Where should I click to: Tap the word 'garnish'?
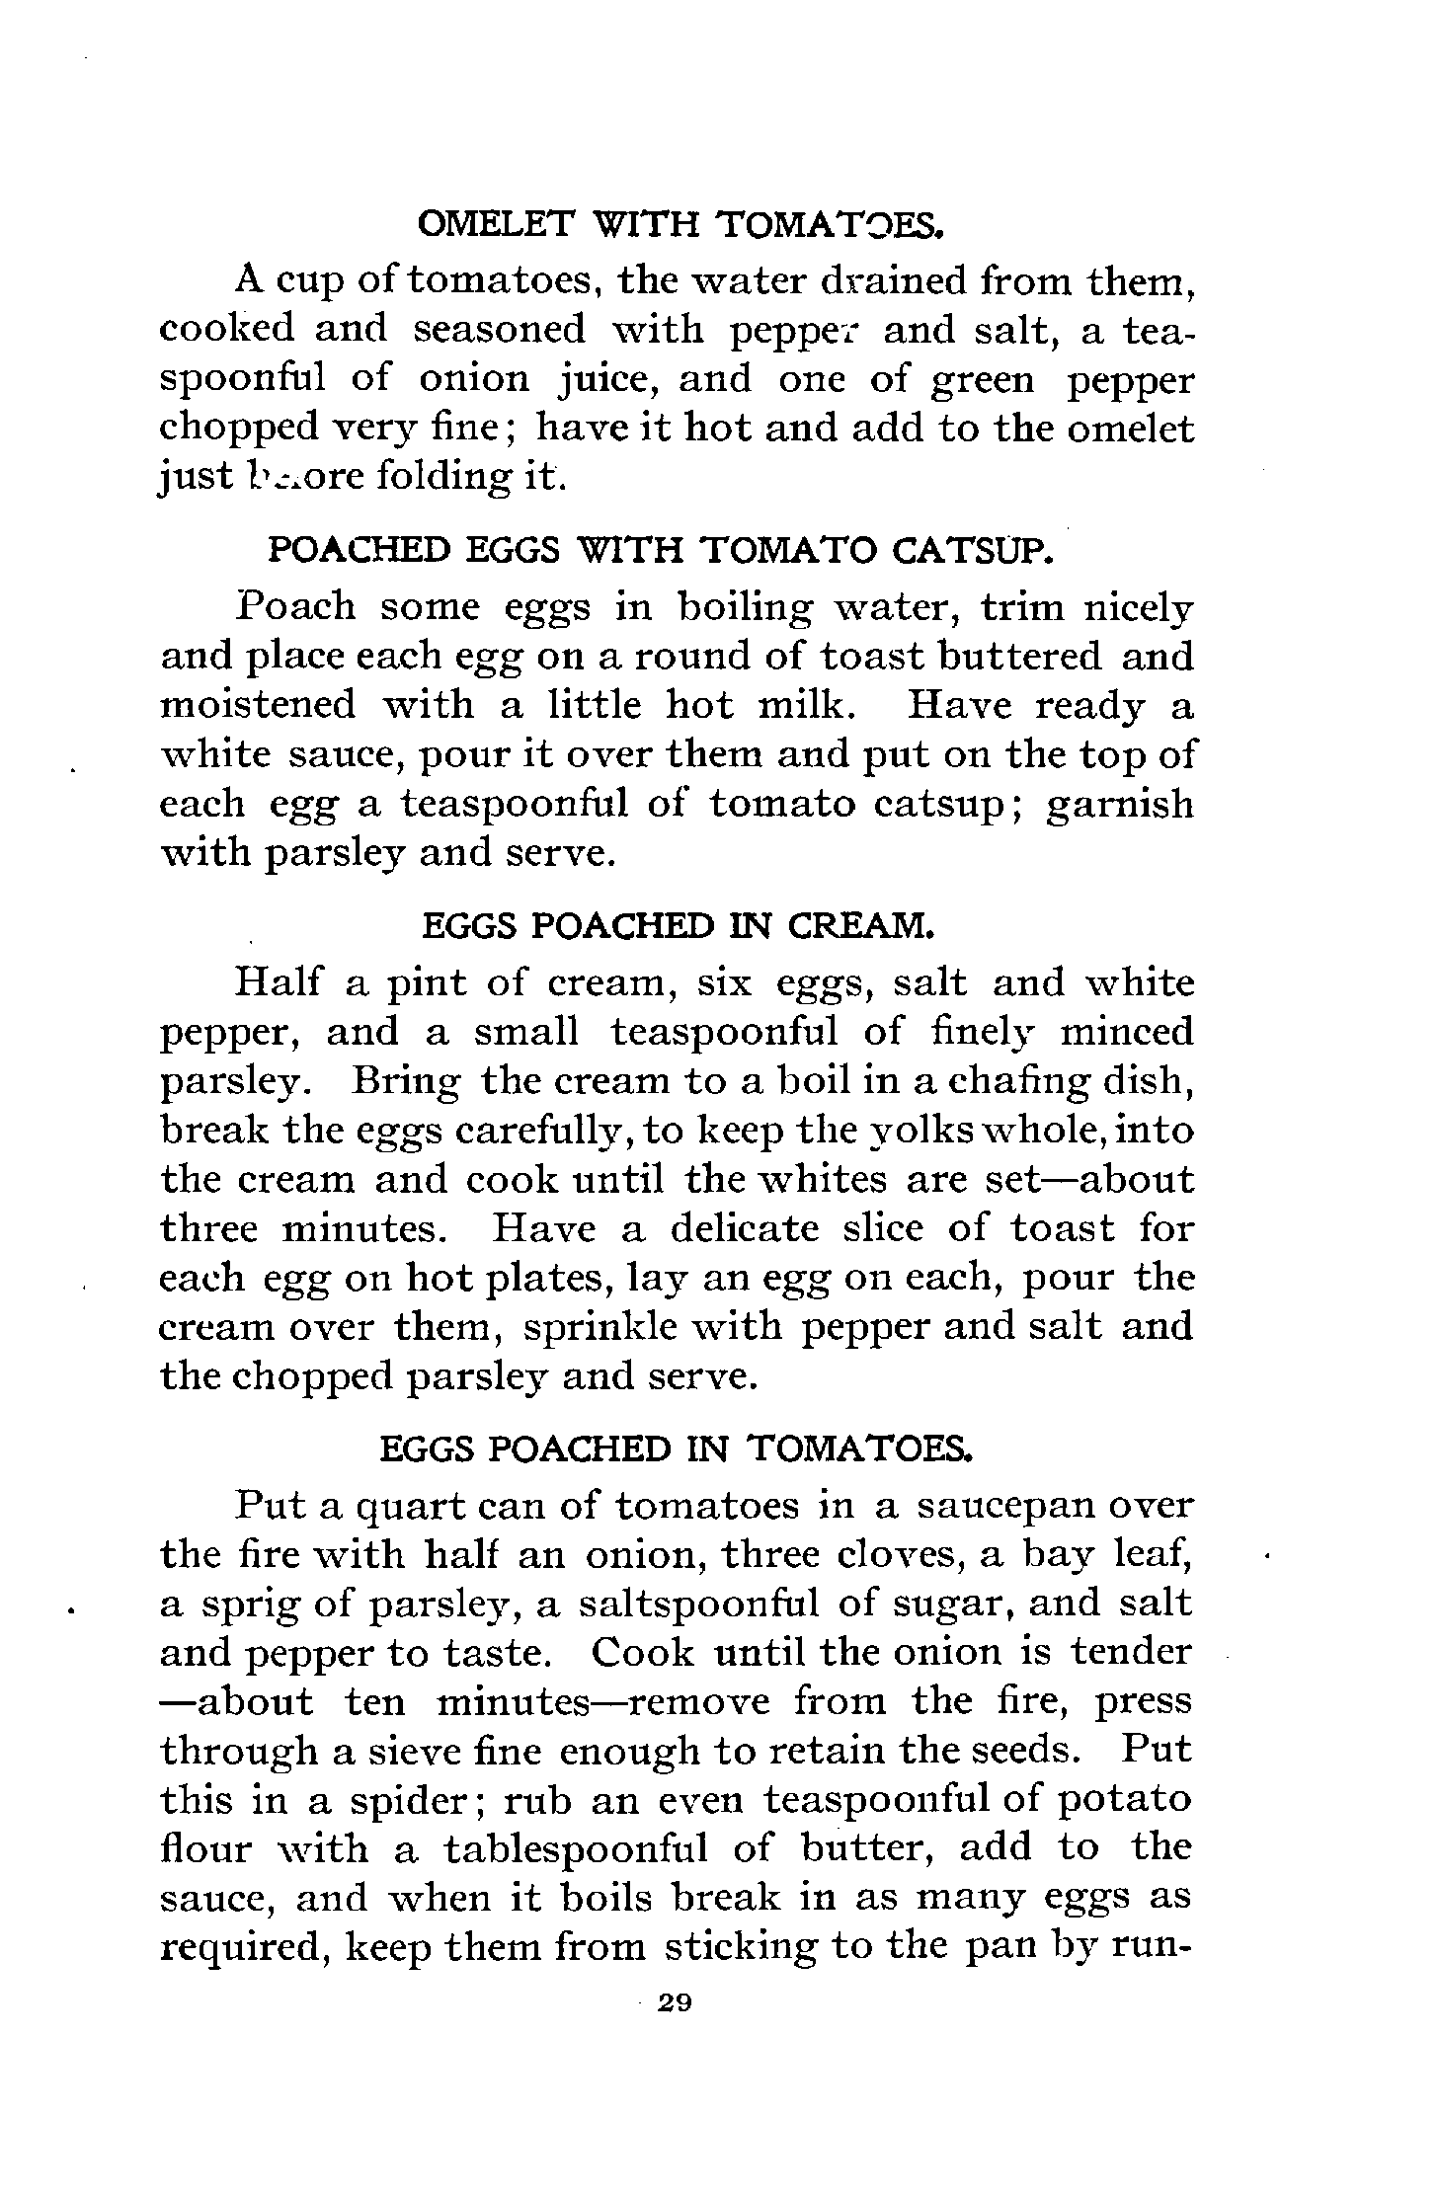pos(1119,804)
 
